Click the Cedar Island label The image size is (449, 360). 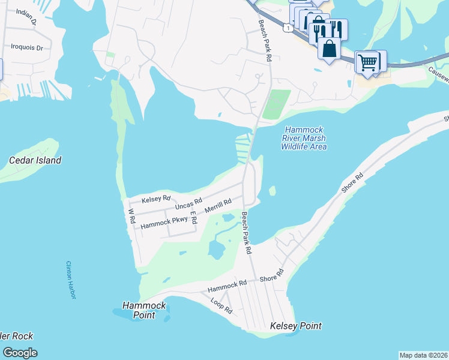(x=35, y=161)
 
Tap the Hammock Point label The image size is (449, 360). (x=143, y=310)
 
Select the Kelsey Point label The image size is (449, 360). (x=296, y=326)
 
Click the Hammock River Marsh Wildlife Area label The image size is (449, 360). (x=304, y=138)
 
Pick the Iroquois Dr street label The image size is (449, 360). (x=27, y=46)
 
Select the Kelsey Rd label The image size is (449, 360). (x=156, y=198)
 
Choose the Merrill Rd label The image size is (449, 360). (x=218, y=207)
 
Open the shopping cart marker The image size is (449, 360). (x=367, y=62)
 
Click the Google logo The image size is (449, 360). (x=20, y=353)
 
